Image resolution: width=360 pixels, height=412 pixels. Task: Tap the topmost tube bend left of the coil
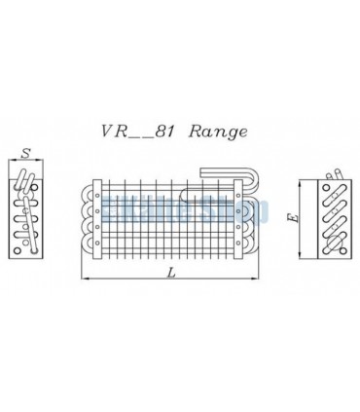[x=82, y=192]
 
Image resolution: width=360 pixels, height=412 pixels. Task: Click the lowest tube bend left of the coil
[x=82, y=250]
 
